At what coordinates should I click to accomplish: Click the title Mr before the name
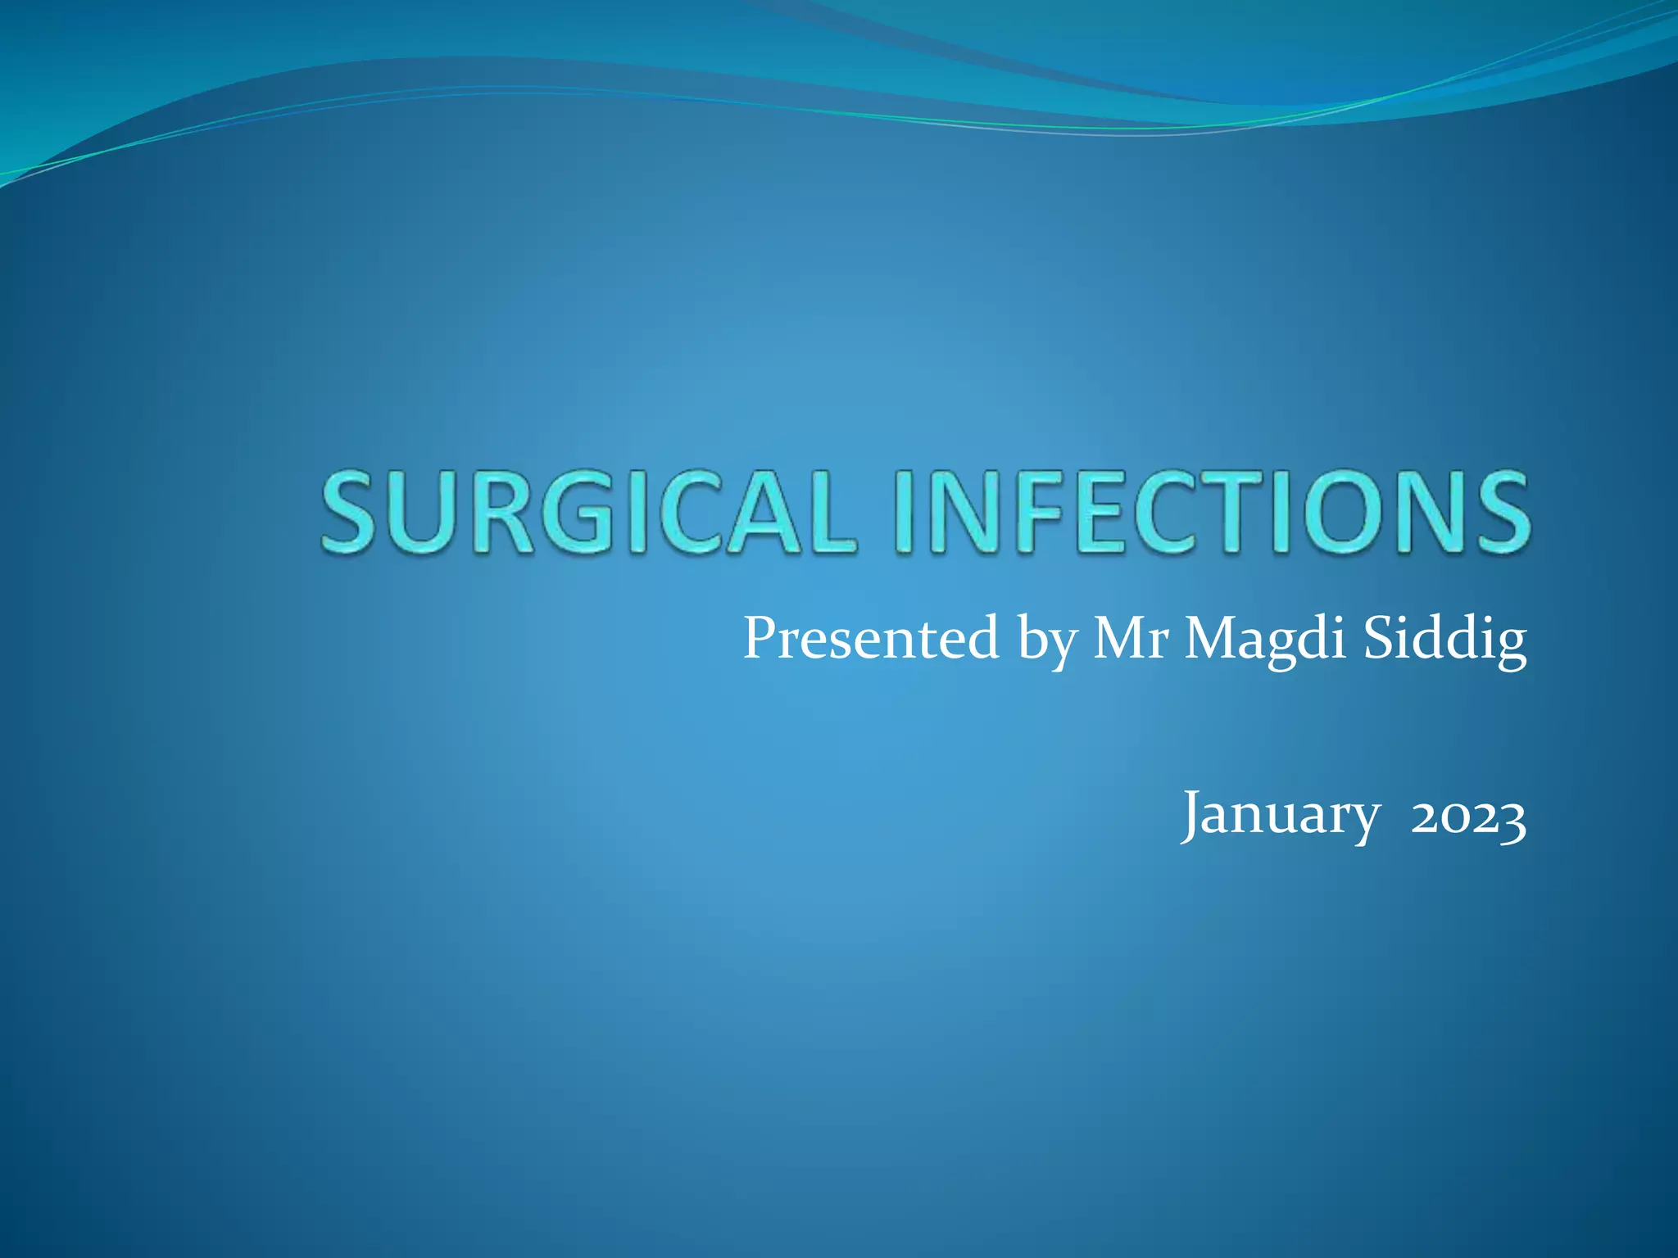(x=1130, y=639)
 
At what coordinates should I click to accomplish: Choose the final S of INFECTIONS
(x=1496, y=512)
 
